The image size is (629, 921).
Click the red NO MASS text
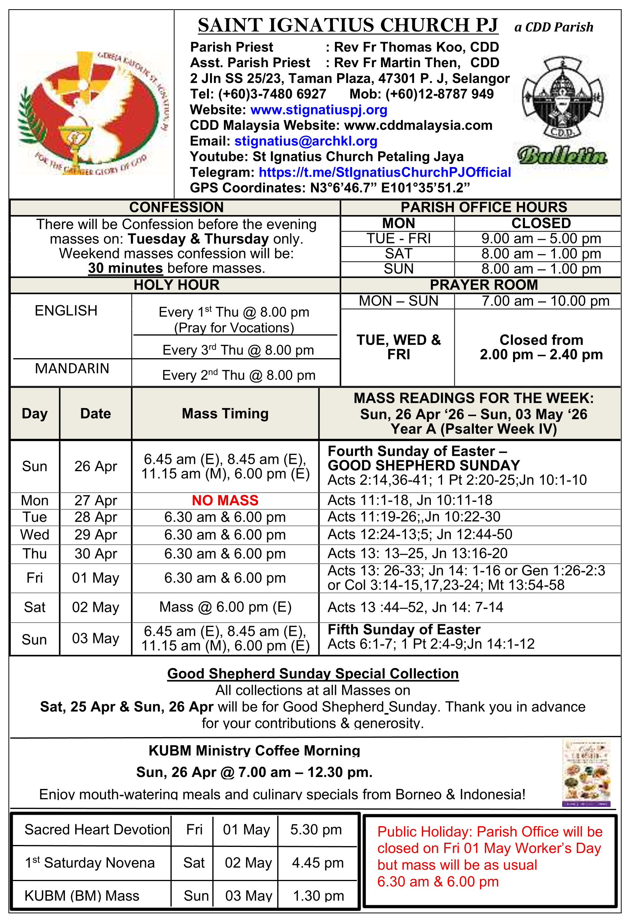click(x=225, y=501)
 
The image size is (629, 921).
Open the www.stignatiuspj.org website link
click(x=319, y=110)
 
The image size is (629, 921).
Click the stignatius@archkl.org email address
click(x=306, y=141)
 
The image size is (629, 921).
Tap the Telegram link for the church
click(x=384, y=172)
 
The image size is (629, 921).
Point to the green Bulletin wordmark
click(x=562, y=155)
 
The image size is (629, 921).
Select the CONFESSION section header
click(x=176, y=207)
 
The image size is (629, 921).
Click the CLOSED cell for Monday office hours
click(x=541, y=223)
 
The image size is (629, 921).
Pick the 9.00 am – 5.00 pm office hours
click(x=541, y=238)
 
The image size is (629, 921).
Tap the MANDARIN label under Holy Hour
click(x=72, y=369)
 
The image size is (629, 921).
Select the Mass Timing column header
click(x=225, y=413)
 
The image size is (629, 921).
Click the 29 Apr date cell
click(x=96, y=535)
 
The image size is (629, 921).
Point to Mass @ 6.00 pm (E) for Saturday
click(x=225, y=607)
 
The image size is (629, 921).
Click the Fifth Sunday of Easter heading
click(x=404, y=630)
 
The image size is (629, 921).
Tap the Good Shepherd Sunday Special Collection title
click(x=313, y=674)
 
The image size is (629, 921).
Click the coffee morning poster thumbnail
click(x=586, y=772)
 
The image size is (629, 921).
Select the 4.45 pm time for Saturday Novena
click(x=318, y=863)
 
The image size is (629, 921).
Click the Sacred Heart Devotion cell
click(x=97, y=830)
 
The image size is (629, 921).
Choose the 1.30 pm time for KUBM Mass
click(x=318, y=896)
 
